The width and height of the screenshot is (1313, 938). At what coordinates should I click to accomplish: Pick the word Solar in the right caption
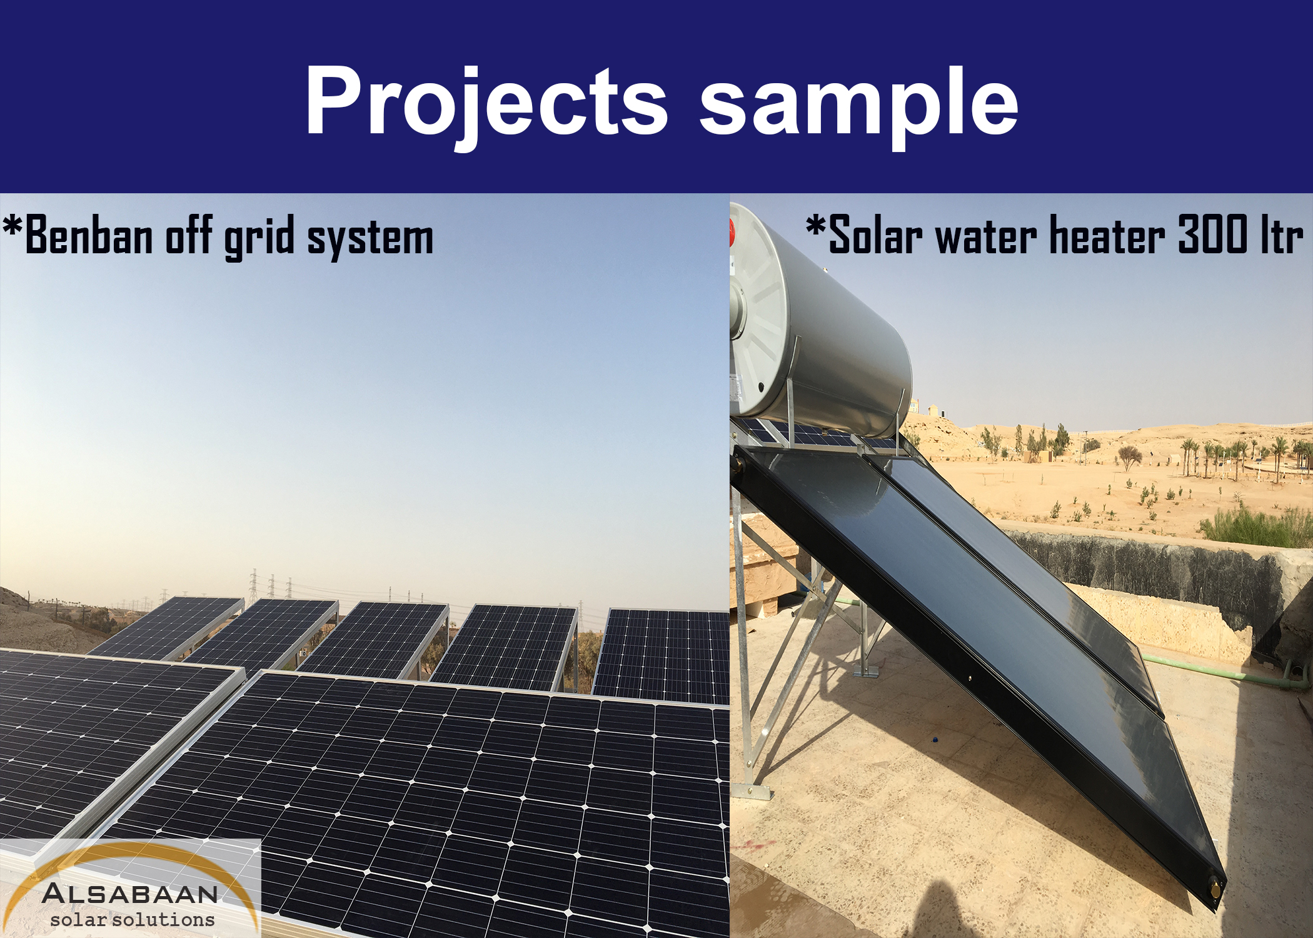(x=875, y=234)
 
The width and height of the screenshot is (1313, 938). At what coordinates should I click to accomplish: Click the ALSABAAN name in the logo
(x=130, y=893)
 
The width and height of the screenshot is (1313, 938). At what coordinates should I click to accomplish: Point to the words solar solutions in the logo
(x=133, y=919)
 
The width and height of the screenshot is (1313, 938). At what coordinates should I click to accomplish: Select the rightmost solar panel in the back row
(x=662, y=655)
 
